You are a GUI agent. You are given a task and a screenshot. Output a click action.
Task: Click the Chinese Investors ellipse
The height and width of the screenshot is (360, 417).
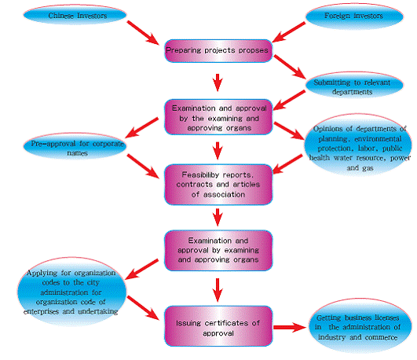[75, 15]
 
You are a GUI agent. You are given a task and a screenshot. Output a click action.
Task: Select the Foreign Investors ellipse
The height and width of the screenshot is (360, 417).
[354, 16]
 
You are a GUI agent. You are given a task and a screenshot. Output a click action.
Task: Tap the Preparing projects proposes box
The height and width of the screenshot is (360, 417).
[218, 51]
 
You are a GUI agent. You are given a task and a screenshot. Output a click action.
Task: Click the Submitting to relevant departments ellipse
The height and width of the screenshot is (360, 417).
[354, 85]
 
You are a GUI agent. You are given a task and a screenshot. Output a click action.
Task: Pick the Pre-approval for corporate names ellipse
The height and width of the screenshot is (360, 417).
[75, 146]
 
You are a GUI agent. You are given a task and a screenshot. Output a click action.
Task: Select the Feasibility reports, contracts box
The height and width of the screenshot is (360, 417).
[218, 185]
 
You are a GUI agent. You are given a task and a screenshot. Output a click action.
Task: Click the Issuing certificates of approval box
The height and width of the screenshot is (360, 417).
[218, 326]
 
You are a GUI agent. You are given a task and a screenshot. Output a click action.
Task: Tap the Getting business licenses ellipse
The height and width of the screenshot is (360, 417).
[360, 326]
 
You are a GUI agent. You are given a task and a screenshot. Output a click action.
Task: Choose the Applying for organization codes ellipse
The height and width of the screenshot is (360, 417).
[71, 292]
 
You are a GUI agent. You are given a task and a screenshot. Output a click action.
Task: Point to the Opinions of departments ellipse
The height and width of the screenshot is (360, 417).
[358, 145]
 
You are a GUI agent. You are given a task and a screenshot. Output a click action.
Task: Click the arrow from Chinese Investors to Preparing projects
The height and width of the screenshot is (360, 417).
[143, 33]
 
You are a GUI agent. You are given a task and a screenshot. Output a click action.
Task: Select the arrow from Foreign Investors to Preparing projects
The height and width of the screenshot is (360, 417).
[289, 32]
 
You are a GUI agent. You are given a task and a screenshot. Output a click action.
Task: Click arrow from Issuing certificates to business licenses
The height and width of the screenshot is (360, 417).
[290, 327]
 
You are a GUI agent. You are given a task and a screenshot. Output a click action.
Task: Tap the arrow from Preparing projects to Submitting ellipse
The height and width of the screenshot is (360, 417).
[290, 67]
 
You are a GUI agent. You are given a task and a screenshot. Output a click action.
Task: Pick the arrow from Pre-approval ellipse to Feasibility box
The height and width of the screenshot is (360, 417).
[143, 166]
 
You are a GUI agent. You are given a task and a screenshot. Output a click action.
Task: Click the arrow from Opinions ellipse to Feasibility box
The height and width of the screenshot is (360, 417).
[287, 164]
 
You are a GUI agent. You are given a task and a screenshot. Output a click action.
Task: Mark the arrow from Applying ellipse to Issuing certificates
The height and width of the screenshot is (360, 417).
[143, 308]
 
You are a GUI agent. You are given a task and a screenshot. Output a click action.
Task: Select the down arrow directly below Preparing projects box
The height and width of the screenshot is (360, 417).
[218, 83]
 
